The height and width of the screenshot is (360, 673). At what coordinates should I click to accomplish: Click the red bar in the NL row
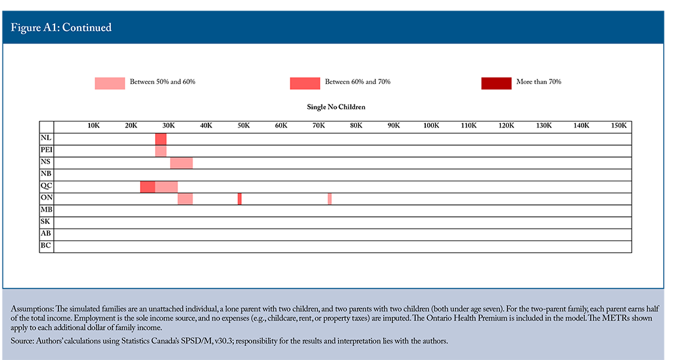(x=161, y=139)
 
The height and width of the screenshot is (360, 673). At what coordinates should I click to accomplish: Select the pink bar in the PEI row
(x=161, y=151)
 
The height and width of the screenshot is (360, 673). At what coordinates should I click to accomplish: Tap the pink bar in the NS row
(x=181, y=163)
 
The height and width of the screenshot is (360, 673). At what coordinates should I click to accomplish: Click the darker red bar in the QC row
(x=148, y=187)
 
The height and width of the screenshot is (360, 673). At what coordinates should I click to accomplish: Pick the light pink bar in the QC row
(x=166, y=187)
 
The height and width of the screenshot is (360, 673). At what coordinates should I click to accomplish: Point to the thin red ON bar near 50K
(x=239, y=198)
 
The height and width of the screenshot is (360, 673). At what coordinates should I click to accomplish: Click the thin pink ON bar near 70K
(x=330, y=198)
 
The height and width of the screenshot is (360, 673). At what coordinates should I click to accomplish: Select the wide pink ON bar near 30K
(x=185, y=198)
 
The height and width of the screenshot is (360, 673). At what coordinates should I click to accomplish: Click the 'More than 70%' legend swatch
(x=496, y=83)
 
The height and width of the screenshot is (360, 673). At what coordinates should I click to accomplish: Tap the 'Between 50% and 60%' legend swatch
(x=110, y=83)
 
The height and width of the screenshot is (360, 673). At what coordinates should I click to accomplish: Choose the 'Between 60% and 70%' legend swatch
(x=305, y=83)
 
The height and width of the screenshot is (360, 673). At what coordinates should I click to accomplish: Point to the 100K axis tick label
(x=431, y=125)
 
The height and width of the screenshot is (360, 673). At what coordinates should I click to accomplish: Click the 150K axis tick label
(x=619, y=125)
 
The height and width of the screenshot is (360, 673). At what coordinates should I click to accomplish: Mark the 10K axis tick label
(x=93, y=125)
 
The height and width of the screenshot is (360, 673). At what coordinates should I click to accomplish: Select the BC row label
(x=46, y=246)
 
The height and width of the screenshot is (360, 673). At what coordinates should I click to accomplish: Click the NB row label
(x=46, y=174)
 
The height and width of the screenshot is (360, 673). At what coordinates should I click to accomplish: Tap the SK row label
(x=45, y=221)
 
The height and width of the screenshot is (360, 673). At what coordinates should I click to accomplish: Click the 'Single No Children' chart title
(x=336, y=107)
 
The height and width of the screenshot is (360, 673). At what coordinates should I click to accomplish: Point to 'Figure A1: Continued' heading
(x=61, y=28)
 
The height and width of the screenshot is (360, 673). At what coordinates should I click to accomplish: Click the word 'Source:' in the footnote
(x=22, y=341)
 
